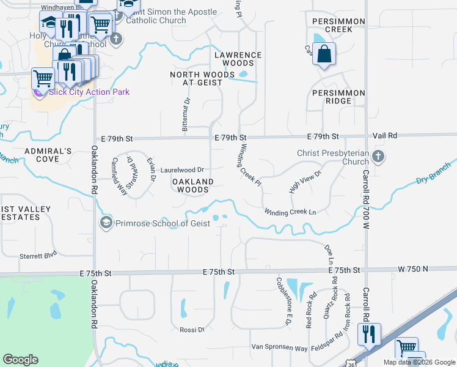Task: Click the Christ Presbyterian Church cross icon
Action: point(378,156)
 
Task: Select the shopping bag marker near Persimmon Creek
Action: point(324,54)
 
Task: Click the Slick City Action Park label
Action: point(89,92)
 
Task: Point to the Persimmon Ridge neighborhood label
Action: point(338,97)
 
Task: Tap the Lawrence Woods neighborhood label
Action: point(238,59)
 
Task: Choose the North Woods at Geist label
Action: point(202,78)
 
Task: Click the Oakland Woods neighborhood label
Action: point(192,185)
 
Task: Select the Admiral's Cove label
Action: point(48,155)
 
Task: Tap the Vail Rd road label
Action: point(385,135)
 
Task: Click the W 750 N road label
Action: point(413,269)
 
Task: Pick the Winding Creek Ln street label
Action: point(290,212)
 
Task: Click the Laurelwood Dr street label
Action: point(182,169)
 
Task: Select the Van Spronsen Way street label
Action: point(279,347)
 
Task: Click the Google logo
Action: point(20,359)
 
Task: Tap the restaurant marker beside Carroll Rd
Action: point(369,334)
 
